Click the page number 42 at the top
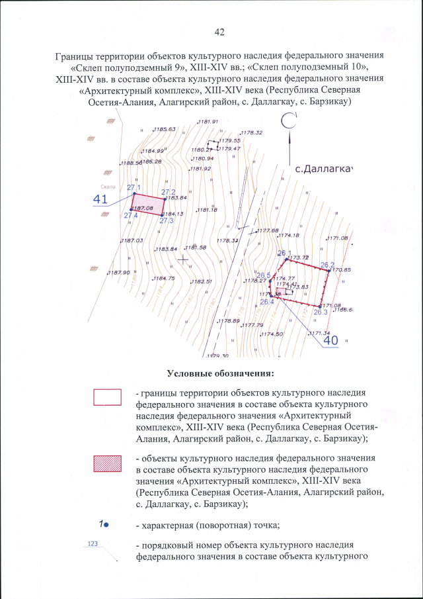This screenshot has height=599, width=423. coord(220,32)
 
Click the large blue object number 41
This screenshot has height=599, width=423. coord(100,199)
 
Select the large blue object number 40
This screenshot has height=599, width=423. coord(330,340)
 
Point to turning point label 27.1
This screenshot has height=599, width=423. coord(134,187)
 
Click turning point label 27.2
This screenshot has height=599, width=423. coord(168,192)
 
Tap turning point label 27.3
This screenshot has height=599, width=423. coord(167,220)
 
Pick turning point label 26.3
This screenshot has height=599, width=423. coord(321,312)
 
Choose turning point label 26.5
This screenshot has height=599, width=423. coord(264,275)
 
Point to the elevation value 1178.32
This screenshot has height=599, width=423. coord(252,133)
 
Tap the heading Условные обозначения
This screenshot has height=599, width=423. coord(220,375)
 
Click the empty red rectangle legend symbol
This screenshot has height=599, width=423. coord(107,396)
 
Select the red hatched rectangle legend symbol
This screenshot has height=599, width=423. coord(107,463)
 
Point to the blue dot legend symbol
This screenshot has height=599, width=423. coord(105,524)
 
